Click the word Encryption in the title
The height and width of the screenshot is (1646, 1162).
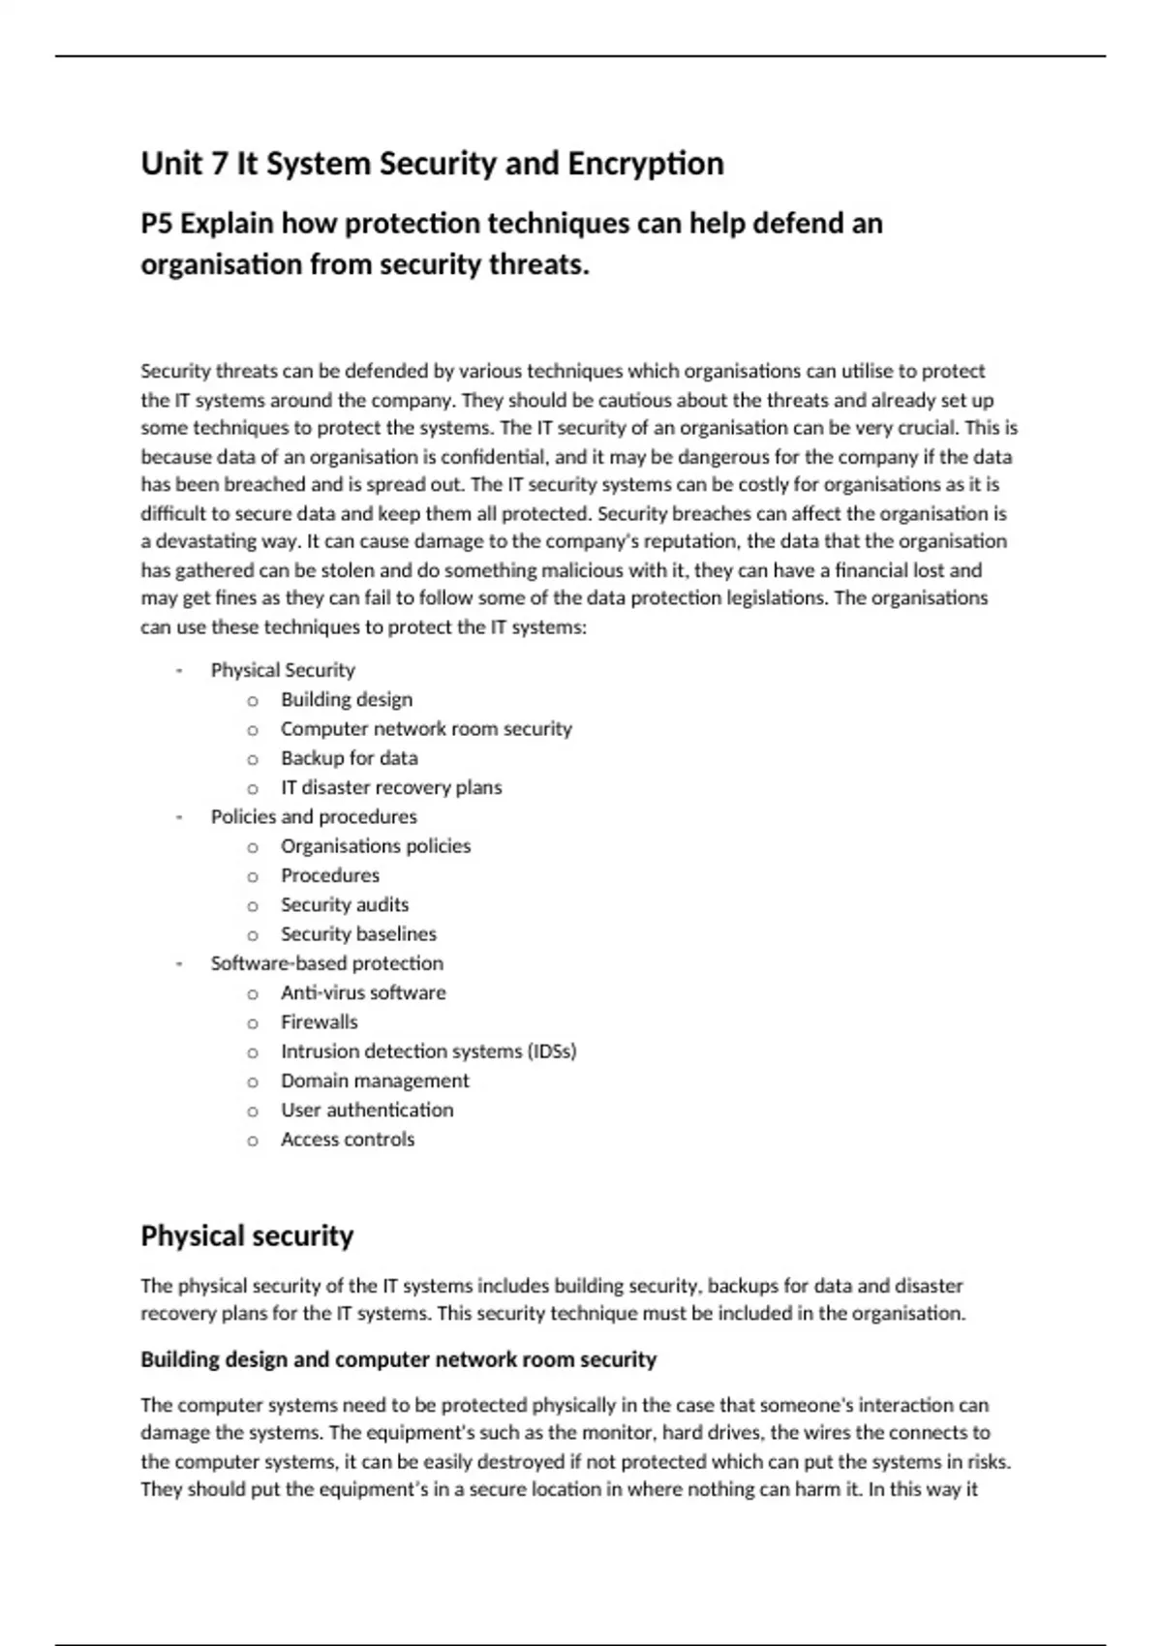(645, 164)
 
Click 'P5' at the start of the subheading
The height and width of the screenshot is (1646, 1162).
(158, 224)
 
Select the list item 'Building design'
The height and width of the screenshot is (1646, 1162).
(347, 699)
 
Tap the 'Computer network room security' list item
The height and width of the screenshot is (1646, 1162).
(426, 728)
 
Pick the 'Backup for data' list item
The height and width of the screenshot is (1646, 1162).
(350, 758)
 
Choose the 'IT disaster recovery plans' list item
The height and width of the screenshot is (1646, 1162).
(391, 787)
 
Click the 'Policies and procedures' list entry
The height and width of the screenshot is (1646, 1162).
(314, 816)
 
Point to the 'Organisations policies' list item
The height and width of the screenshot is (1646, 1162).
(376, 846)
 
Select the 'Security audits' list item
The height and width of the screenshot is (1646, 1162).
(345, 904)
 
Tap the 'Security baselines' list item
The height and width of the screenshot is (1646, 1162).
(358, 933)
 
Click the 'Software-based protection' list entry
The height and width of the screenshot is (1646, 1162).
(327, 963)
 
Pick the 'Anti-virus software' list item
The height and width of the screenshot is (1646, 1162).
(363, 992)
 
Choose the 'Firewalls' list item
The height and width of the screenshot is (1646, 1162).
(320, 1021)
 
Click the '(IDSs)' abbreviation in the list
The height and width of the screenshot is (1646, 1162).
(552, 1052)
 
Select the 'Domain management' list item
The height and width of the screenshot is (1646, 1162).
(375, 1081)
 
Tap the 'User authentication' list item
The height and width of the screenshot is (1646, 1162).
(367, 1110)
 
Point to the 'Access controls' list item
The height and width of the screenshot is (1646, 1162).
(348, 1140)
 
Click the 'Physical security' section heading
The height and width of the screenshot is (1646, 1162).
(247, 1236)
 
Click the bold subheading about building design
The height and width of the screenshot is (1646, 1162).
(398, 1359)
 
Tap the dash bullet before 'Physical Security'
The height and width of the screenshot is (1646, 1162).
(179, 670)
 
